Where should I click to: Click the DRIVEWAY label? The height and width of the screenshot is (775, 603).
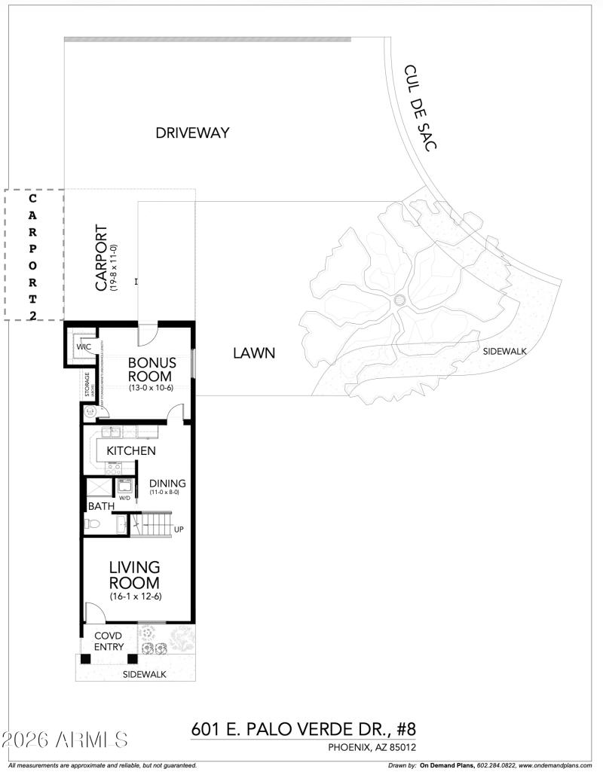pos(192,133)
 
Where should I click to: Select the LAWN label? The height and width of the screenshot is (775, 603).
pos(253,352)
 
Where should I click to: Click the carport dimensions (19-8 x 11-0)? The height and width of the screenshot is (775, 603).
pos(113,268)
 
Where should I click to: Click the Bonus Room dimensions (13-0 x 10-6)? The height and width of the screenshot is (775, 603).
pos(152,389)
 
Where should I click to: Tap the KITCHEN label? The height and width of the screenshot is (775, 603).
pos(131,450)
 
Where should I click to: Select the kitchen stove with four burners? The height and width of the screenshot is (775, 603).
pos(114,467)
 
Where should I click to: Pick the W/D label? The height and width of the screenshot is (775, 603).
pos(124,497)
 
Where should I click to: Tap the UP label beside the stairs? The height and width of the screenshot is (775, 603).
pos(179,529)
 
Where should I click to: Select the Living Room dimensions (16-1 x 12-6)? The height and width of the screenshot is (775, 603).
pos(135,597)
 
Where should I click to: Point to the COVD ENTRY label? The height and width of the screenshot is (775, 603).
pos(109,642)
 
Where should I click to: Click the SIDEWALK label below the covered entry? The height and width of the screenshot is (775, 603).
pos(144,674)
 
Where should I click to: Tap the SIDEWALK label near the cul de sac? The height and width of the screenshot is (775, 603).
pos(504,351)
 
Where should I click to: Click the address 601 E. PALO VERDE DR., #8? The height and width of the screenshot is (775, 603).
pos(304,729)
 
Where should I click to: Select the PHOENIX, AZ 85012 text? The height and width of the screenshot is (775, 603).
pos(372,747)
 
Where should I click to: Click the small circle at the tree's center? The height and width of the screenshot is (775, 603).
pos(399,301)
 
